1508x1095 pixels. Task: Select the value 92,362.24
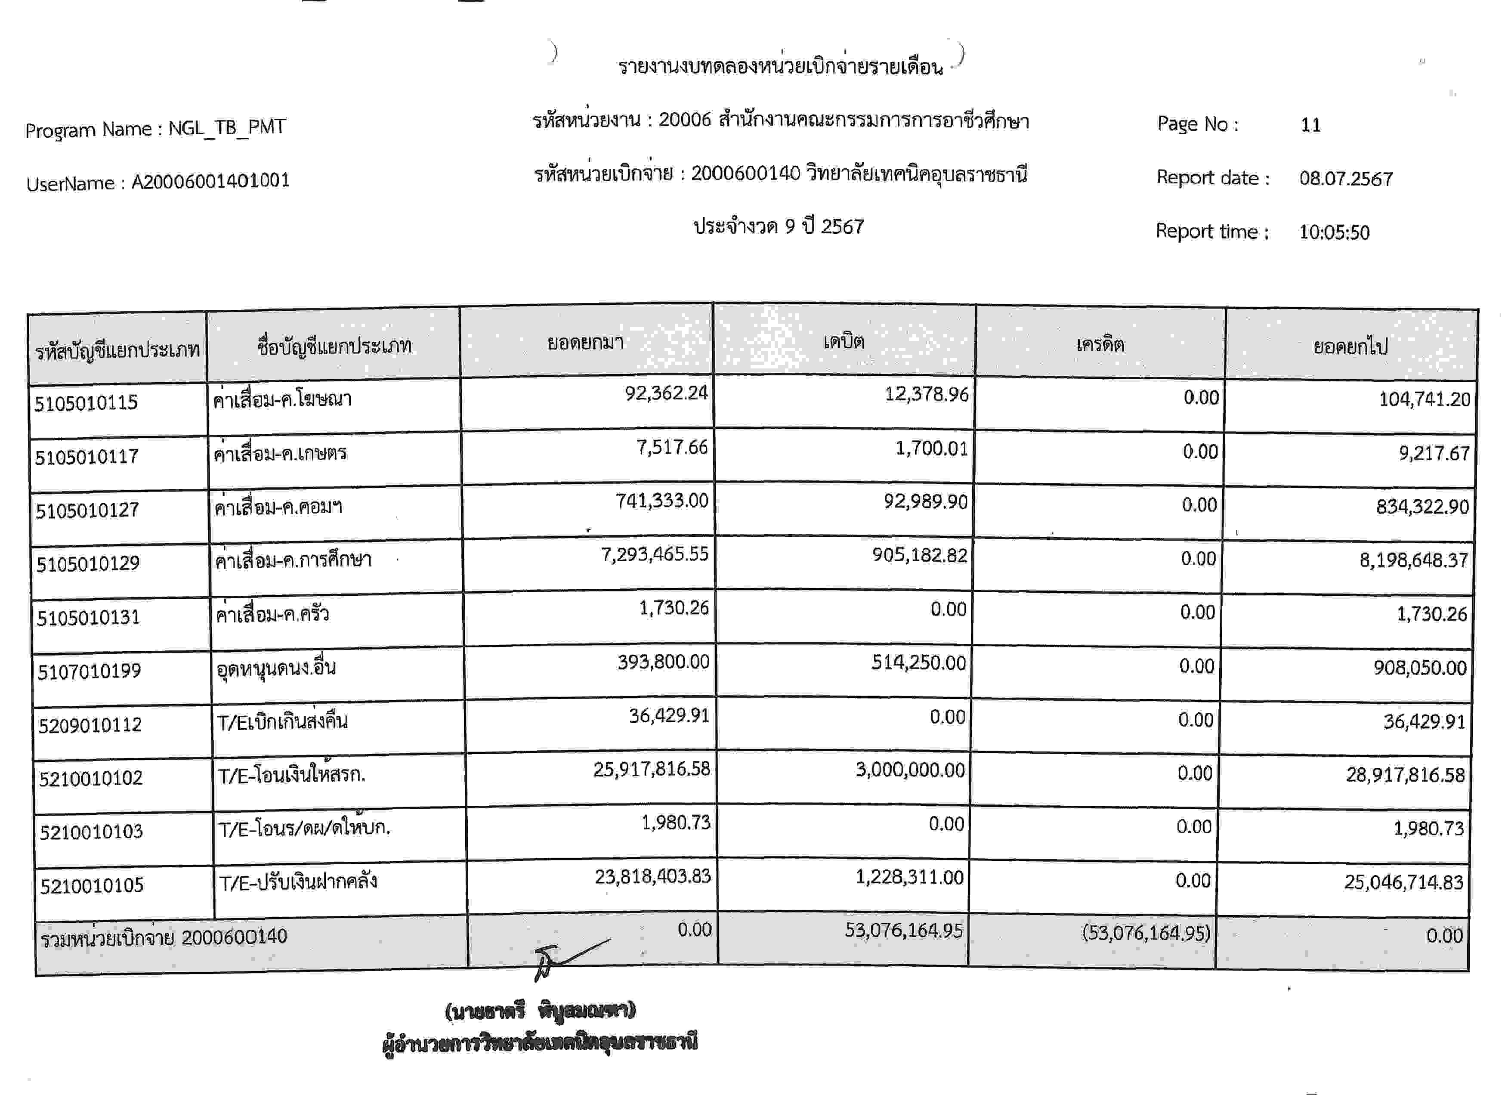pos(666,393)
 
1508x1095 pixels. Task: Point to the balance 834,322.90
pos(1422,507)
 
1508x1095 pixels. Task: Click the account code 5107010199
pos(89,671)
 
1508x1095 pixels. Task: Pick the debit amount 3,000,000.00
pos(910,770)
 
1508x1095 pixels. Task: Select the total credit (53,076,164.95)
pos(1146,933)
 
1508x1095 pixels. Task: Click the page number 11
pos(1310,125)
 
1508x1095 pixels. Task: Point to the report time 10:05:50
pos(1334,232)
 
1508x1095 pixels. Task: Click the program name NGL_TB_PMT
pos(227,127)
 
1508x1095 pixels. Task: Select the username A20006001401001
pos(210,181)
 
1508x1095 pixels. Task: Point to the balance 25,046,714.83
pos(1403,882)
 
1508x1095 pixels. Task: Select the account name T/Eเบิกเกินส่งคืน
pos(283,721)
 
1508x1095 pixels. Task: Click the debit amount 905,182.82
pos(920,555)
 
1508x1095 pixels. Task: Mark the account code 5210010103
pos(91,832)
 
